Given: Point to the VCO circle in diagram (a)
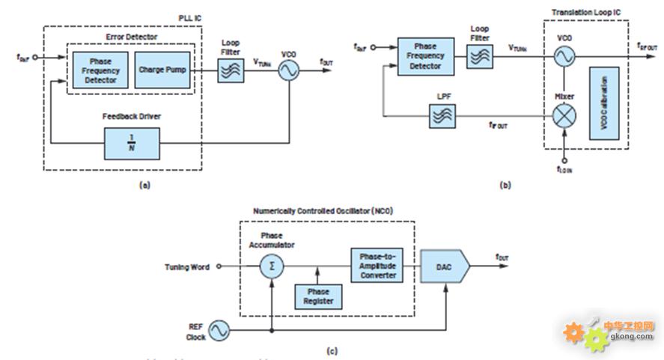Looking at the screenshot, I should [x=288, y=70].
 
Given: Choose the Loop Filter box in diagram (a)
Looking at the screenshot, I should [x=231, y=70].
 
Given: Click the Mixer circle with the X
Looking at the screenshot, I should [x=564, y=115].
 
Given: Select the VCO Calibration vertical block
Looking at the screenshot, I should [x=606, y=103].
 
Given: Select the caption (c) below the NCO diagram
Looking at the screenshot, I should [x=332, y=350].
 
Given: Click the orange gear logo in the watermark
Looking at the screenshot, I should [x=574, y=330].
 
